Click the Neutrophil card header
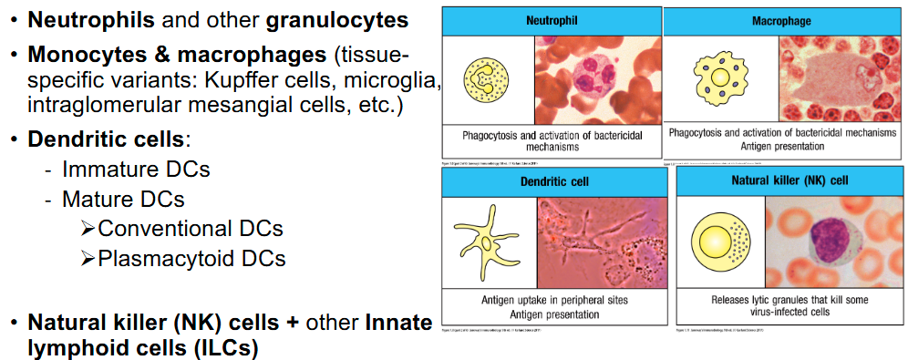[x=550, y=20]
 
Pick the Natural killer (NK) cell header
[x=789, y=180]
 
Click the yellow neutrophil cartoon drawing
[x=487, y=80]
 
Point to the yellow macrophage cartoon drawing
[x=720, y=77]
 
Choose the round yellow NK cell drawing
[x=720, y=242]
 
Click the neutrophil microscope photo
[x=597, y=79]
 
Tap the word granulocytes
[x=331, y=18]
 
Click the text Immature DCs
[x=135, y=170]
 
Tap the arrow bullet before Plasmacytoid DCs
[x=88, y=259]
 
